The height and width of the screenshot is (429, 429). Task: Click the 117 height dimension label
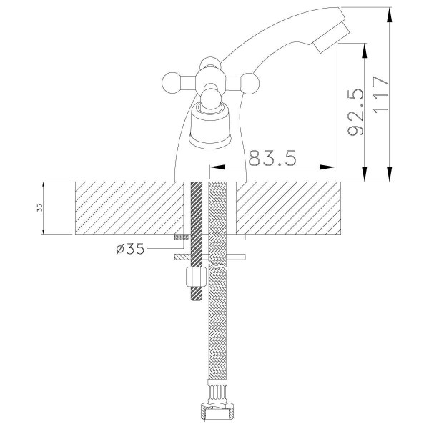pos(380,94)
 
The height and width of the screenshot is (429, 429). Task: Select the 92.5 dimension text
pos(355,112)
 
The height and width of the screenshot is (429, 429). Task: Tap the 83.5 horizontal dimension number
pos(272,158)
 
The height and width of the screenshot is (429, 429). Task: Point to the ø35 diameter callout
pos(130,249)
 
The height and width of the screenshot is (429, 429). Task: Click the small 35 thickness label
pos(40,208)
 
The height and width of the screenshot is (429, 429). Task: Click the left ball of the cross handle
pos(171,83)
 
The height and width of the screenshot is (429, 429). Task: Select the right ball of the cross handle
pos(250,83)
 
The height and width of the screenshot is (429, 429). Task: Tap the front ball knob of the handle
pos(211,99)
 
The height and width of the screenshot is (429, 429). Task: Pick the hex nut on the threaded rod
pos(196,277)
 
